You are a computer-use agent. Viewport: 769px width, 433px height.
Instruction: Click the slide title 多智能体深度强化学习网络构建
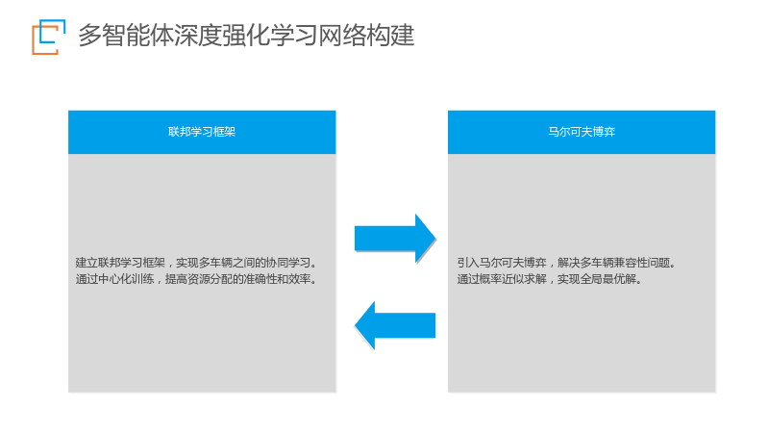tap(246, 36)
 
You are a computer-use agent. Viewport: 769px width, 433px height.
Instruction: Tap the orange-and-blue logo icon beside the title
tap(49, 37)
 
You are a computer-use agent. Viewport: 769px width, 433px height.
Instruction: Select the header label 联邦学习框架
tap(202, 132)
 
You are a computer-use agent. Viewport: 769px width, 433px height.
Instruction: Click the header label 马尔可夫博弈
tap(582, 132)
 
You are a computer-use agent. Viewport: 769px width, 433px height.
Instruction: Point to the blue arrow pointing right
tap(395, 239)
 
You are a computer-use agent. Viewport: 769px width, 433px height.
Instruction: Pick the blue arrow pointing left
tap(395, 325)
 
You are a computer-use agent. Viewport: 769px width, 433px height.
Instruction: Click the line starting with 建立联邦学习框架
tap(196, 263)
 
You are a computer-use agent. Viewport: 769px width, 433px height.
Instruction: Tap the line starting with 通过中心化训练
tap(196, 279)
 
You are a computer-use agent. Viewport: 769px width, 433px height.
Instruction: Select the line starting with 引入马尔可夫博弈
tap(566, 263)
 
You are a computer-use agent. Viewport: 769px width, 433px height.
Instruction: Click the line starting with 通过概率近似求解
tap(549, 279)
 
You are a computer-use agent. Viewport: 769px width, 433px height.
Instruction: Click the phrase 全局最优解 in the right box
tap(608, 279)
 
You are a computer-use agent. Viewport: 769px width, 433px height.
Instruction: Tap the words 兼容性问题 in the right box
tap(641, 263)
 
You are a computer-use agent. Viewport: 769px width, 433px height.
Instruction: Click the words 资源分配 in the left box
tap(210, 279)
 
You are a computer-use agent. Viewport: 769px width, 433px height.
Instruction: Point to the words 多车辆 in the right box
tap(597, 263)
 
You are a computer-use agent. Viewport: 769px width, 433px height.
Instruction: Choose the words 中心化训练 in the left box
tap(126, 279)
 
